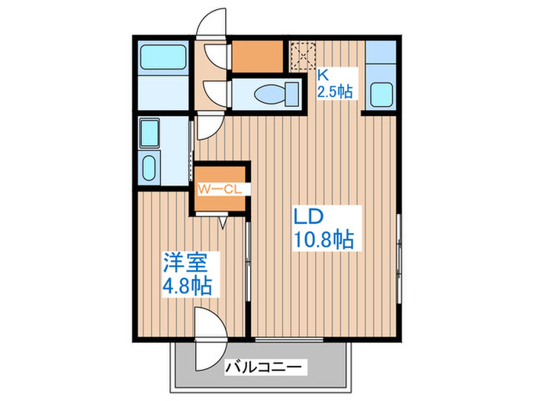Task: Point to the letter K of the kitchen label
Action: coord(323,75)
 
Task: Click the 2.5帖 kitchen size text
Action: coord(335,92)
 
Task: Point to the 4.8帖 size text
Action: coord(186,287)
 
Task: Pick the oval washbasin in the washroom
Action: coord(150,166)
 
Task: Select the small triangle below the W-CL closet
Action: coord(223,223)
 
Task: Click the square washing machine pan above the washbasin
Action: coord(150,133)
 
